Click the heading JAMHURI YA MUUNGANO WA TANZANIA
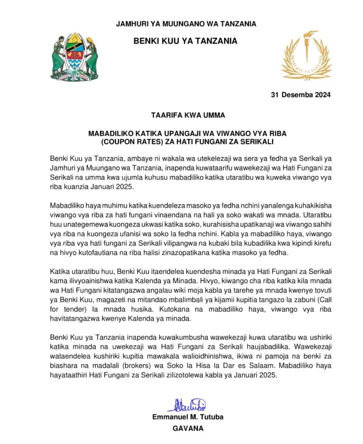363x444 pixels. point(186,24)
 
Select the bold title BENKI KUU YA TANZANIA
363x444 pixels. point(186,41)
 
